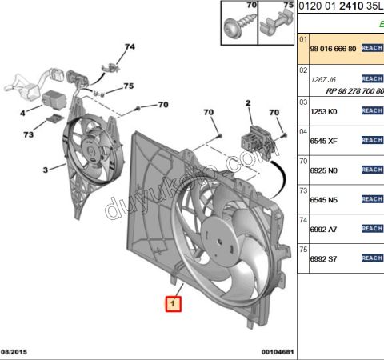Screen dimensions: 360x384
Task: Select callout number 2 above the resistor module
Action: click(248, 103)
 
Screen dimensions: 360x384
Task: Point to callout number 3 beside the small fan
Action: click(46, 169)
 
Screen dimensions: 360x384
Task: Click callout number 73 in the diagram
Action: click(28, 135)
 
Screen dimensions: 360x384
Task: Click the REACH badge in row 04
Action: click(372, 140)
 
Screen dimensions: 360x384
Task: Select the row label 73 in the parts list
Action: click(303, 190)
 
